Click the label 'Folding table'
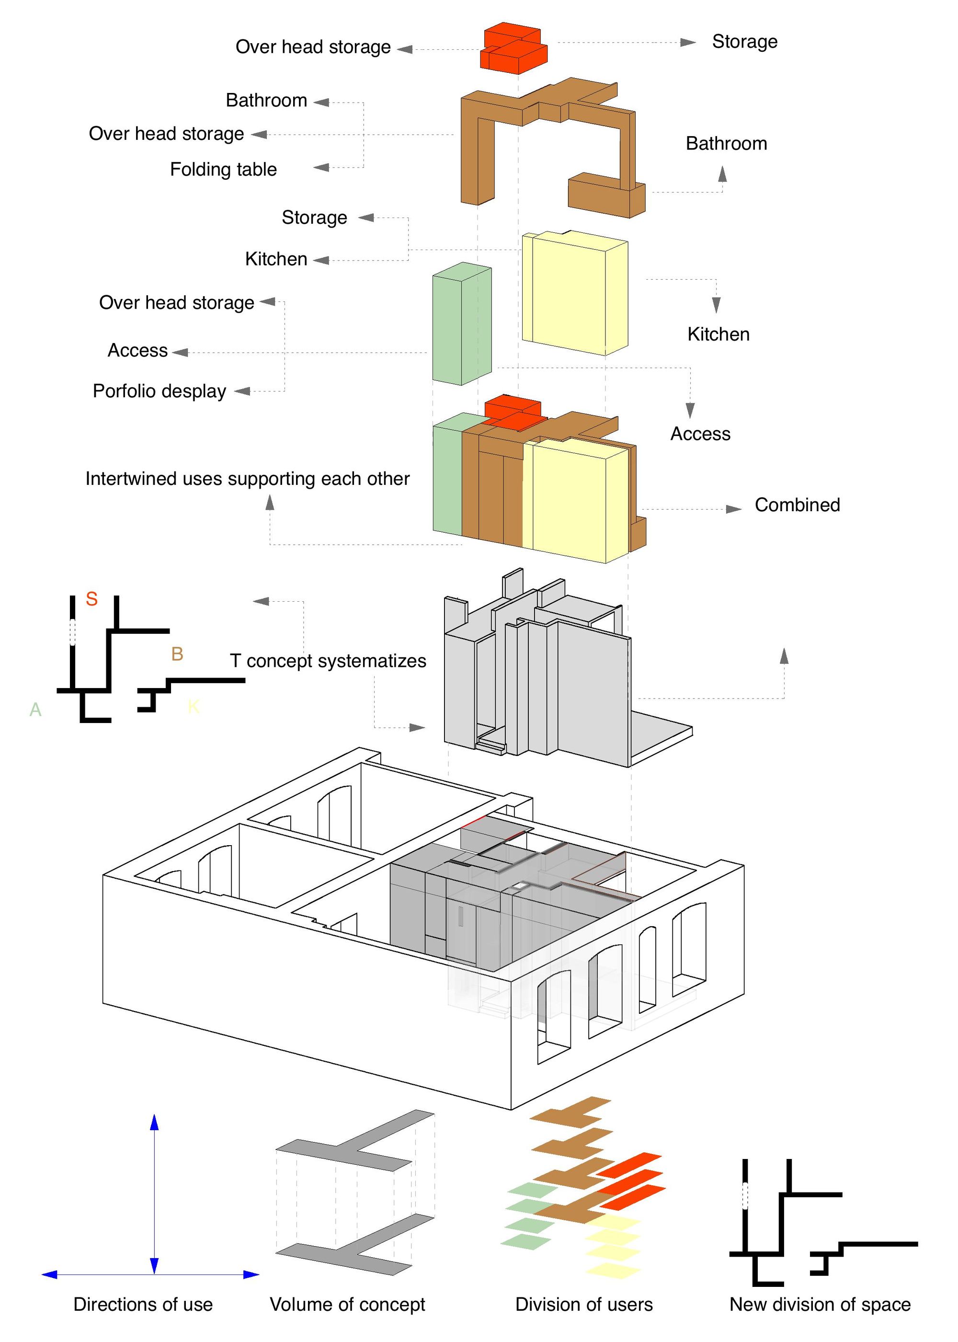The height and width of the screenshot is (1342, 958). [x=223, y=169]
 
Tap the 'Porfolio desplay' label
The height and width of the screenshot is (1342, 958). [x=160, y=391]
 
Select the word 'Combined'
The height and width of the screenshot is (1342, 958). [x=797, y=505]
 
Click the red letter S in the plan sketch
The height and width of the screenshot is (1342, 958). [x=91, y=599]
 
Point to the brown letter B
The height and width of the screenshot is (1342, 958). [x=177, y=654]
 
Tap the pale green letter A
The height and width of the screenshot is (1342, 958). [x=35, y=709]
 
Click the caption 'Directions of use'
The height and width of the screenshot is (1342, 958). [x=143, y=1304]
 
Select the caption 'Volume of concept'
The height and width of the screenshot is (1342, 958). [x=347, y=1304]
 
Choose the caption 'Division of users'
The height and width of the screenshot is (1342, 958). [x=583, y=1304]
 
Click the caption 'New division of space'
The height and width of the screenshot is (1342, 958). [x=820, y=1304]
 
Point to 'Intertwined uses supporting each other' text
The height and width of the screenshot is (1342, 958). [x=247, y=479]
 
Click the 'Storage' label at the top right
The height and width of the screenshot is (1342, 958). [x=744, y=41]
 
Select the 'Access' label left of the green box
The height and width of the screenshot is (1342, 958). [x=137, y=350]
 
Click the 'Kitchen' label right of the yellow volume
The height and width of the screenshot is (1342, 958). [x=718, y=334]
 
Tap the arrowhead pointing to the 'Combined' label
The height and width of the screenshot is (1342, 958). [x=734, y=509]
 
